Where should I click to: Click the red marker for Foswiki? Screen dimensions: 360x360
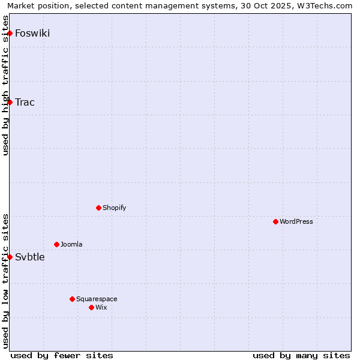click(x=10, y=33)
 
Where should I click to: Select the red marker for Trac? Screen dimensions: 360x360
click(x=10, y=102)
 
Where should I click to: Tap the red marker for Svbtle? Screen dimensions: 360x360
click(x=10, y=257)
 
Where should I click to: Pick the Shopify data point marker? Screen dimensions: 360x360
click(x=98, y=208)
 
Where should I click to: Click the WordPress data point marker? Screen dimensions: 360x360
click(x=275, y=221)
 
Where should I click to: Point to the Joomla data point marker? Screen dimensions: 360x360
click(x=56, y=244)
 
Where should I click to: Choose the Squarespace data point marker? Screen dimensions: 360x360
click(x=72, y=299)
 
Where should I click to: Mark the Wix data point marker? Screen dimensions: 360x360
click(x=91, y=307)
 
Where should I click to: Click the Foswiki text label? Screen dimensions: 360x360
click(x=32, y=33)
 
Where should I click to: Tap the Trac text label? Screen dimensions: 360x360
click(x=25, y=102)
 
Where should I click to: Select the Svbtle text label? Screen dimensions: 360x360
click(x=29, y=257)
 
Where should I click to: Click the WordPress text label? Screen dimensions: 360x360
click(x=296, y=221)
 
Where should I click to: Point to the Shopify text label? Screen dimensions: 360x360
click(x=114, y=208)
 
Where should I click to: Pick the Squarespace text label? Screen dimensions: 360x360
click(x=97, y=299)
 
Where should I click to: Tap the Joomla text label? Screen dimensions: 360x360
click(x=71, y=244)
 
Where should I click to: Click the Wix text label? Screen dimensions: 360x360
click(x=101, y=307)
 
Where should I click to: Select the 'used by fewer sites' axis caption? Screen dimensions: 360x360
click(x=62, y=355)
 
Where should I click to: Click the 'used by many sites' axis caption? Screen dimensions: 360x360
click(x=301, y=355)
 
